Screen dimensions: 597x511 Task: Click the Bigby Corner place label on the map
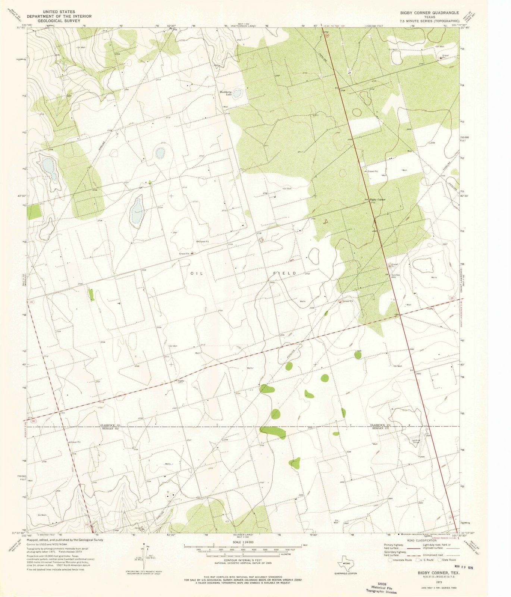[x=377, y=200]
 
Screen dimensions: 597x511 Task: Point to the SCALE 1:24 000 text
[x=242, y=542]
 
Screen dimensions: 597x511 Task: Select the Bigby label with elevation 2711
[x=181, y=381]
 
